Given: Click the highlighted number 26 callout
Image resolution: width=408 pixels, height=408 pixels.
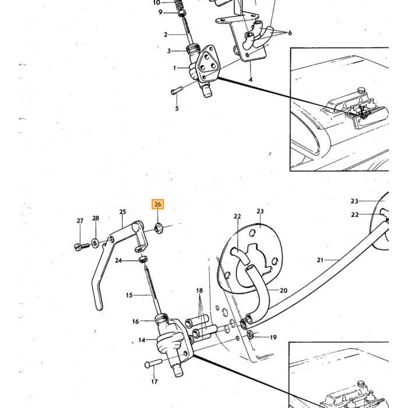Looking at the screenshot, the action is click(158, 204).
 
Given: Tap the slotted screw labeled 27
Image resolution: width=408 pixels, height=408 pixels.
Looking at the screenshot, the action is click(82, 246).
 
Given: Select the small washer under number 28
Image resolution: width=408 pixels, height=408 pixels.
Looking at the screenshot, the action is click(95, 243).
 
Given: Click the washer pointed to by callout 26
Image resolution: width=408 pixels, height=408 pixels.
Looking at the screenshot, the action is click(159, 228).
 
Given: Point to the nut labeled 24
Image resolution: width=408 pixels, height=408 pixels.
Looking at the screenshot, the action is click(143, 259).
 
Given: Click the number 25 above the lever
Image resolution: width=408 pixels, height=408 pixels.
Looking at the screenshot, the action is click(122, 212).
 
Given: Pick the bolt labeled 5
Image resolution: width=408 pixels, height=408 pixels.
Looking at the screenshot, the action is click(177, 90).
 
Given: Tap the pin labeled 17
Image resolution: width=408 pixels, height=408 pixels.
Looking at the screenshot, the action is click(153, 363).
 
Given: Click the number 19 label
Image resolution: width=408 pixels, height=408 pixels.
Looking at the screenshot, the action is click(273, 337).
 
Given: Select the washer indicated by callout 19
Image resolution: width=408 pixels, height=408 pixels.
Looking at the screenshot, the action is click(251, 335).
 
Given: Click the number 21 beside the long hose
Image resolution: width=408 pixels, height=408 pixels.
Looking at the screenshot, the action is click(321, 260).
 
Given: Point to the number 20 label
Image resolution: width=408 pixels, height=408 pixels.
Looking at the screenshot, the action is click(283, 290).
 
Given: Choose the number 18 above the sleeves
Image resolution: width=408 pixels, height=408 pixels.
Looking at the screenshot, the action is click(199, 290).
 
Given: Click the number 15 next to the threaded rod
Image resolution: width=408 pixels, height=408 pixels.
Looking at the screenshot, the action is click(129, 295).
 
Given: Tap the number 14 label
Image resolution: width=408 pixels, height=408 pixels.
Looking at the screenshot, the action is click(142, 340).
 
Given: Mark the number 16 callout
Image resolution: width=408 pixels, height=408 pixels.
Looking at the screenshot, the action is click(135, 321).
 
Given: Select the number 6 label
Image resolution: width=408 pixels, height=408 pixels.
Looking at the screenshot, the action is click(290, 33).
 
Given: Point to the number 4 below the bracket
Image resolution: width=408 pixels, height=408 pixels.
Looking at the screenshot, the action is click(250, 79).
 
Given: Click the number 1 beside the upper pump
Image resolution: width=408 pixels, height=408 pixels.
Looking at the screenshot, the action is click(175, 68).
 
